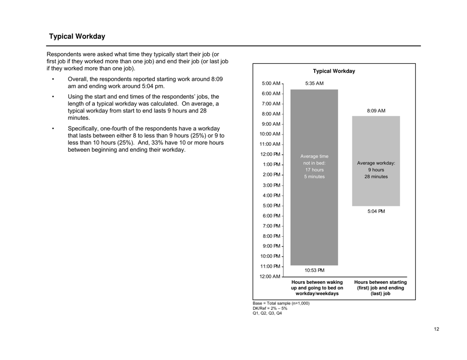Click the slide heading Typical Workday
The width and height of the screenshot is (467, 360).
tap(77, 36)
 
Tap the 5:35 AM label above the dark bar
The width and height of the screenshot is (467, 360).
tap(314, 83)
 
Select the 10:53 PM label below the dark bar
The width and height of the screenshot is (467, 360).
tap(314, 270)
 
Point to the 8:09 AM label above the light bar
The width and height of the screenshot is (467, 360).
tap(376, 111)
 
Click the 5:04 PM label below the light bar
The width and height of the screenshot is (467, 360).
tap(376, 212)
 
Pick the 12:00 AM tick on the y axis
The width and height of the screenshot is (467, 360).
tap(270, 277)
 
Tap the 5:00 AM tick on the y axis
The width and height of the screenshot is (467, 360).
tap(271, 83)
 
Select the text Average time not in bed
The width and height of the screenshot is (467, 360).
tap(314, 166)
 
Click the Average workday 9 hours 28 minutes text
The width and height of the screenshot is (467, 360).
tap(376, 170)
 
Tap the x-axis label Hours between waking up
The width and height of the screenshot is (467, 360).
tap(317, 288)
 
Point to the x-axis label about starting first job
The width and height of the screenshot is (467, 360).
tap(380, 288)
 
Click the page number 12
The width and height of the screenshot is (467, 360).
tap(437, 329)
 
